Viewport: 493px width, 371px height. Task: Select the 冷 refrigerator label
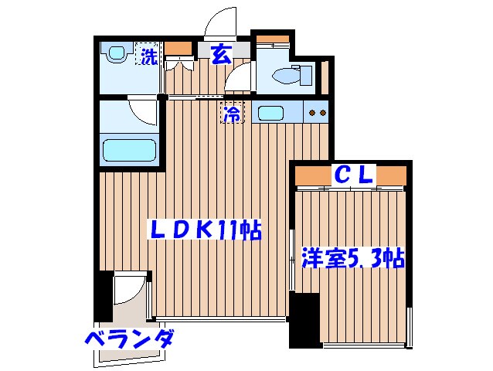click(x=232, y=113)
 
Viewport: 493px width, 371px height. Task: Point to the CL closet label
click(x=353, y=175)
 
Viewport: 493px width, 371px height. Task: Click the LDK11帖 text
click(x=205, y=230)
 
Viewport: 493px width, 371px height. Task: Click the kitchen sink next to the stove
click(x=271, y=113)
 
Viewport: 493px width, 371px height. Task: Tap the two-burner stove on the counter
click(x=317, y=113)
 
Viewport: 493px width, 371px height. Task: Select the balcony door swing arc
click(x=128, y=293)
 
